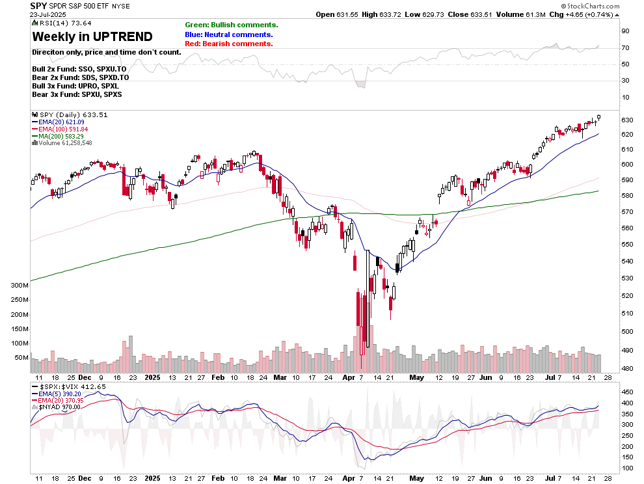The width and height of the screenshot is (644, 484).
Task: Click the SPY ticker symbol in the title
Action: point(38,6)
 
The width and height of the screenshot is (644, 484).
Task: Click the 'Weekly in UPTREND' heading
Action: point(92,36)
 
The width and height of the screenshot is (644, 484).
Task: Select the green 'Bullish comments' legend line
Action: point(231,25)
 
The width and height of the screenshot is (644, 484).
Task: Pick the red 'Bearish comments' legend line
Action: point(228,44)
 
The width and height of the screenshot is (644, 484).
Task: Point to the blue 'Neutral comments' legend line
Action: point(228,34)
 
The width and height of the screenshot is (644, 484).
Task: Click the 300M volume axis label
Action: point(19,286)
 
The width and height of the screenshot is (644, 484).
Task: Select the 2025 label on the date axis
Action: point(152,377)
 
